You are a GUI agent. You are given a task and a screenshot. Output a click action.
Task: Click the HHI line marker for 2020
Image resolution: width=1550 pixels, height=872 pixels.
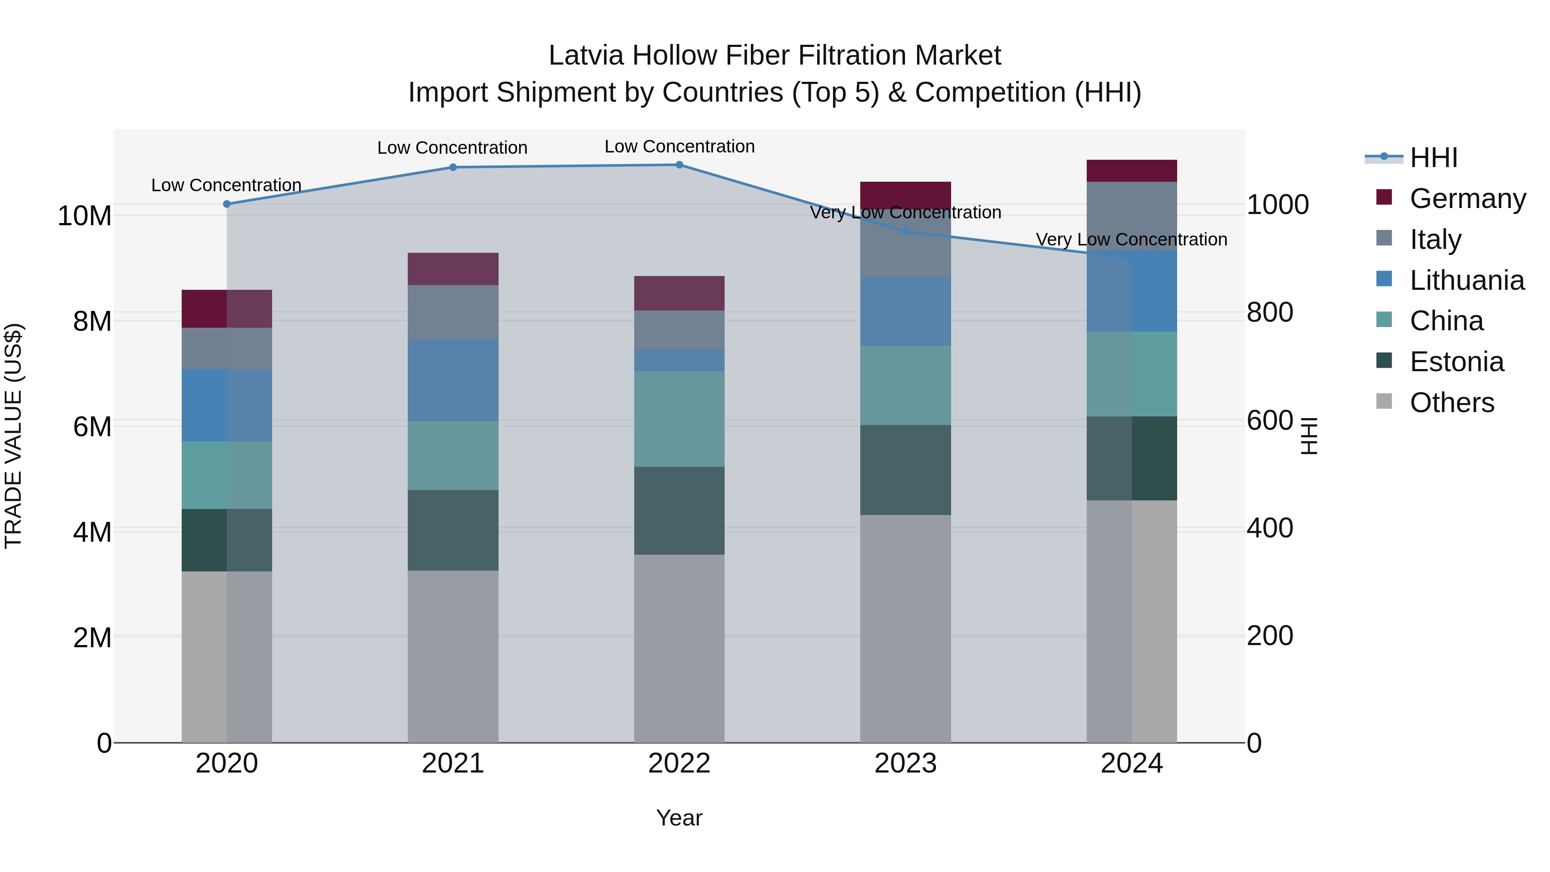227,204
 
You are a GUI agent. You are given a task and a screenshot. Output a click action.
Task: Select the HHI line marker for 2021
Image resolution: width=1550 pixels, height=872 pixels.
453,168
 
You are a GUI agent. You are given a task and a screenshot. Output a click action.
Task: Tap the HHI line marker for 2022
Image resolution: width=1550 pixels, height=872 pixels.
679,165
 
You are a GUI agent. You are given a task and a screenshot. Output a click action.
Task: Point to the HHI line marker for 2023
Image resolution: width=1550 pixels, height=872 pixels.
905,231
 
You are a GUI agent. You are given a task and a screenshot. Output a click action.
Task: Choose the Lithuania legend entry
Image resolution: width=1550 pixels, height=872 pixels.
1466,280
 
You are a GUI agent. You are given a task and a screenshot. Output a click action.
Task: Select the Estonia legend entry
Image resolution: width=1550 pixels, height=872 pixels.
1456,362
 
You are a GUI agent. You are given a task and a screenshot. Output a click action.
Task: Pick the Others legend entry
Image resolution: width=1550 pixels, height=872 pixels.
1451,403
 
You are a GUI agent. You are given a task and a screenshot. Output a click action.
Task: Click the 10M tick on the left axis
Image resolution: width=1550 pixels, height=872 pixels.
84,215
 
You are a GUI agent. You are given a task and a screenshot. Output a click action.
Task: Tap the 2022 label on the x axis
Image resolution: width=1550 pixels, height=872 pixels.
679,763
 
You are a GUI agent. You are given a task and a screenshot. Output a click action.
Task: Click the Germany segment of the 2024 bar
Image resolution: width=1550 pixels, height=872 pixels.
1132,171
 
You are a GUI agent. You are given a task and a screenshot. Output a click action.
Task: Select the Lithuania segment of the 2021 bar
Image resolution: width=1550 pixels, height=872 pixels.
453,380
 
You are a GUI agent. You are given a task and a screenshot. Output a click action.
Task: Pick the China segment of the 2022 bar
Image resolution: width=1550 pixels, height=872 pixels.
679,419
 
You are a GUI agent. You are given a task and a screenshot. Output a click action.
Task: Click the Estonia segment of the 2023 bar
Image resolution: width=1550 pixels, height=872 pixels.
905,470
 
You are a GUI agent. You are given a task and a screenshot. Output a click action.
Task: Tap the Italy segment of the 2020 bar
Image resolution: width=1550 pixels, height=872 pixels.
227,348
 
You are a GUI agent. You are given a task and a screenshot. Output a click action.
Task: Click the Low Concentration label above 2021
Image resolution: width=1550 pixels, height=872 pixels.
453,148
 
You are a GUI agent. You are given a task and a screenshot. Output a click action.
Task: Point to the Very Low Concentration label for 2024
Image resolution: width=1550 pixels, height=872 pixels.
1131,239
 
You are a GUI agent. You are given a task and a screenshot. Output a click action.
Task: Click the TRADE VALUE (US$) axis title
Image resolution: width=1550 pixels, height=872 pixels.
13,436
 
